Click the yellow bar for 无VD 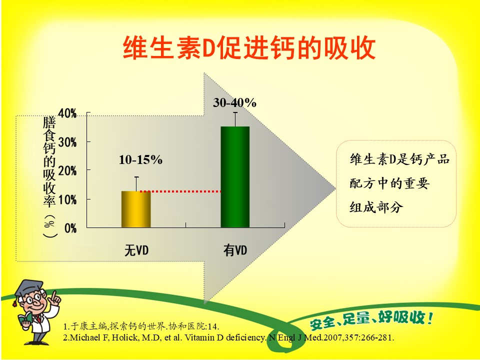[136, 209]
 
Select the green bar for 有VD [235, 177]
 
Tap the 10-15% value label [140, 160]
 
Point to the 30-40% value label [235, 103]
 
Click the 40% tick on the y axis [67, 113]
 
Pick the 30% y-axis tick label [67, 142]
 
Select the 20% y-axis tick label [67, 171]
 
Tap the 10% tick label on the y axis [67, 200]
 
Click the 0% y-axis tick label [70, 228]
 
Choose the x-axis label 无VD [136, 250]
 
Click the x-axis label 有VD [235, 250]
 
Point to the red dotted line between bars [180, 191]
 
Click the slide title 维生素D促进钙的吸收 [249, 48]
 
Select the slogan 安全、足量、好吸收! [371, 319]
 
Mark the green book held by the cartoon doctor [24, 319]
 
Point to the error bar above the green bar [235, 119]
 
